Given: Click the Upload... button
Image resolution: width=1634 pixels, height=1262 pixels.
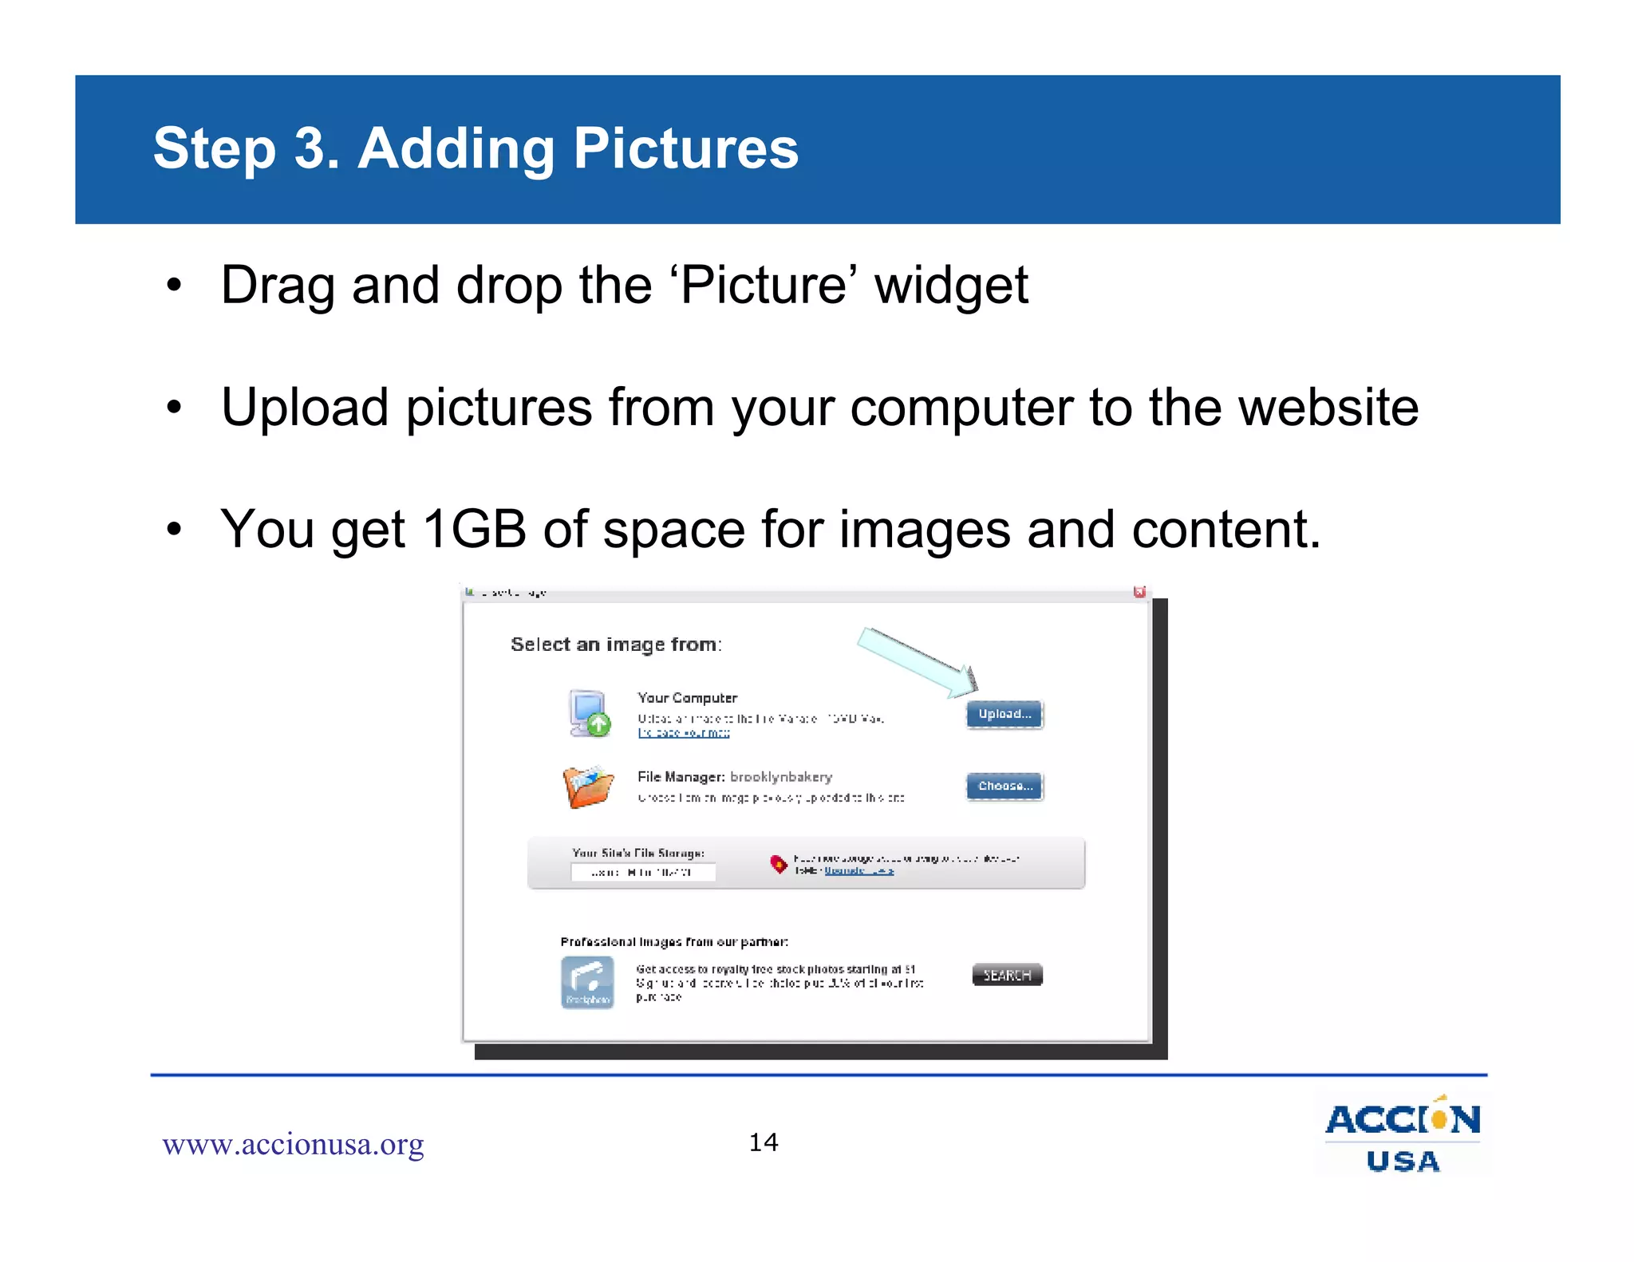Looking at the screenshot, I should coord(1004,714).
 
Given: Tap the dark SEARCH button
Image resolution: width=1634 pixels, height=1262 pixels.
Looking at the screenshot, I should coord(1007,975).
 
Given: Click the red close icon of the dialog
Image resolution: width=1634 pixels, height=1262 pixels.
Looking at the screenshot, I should coord(1139,592).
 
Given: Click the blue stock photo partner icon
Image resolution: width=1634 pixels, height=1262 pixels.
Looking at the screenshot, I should coord(588,982).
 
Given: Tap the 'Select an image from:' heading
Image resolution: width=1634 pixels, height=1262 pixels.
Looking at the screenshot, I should coord(616,645).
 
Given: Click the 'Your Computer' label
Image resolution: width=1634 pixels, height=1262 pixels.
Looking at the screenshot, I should coord(687,698).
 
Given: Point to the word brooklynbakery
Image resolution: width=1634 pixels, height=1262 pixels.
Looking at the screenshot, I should coord(781,777).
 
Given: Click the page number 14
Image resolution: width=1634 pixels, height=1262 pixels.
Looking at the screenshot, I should coord(764,1142).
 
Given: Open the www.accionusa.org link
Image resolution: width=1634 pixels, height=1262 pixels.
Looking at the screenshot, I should coord(293,1145).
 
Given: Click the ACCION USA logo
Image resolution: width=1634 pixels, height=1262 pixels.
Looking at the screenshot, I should coord(1403,1135).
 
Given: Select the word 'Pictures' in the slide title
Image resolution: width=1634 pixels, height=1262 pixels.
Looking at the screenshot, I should coord(685,149).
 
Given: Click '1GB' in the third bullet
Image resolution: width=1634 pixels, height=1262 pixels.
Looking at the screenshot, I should coord(474,529).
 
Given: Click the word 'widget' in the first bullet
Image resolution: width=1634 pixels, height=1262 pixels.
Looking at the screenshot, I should coord(951,286).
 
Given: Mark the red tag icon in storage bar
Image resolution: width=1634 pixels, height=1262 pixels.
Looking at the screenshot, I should coord(778,864).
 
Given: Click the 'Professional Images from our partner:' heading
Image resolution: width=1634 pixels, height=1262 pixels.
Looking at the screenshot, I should coord(674,942).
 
